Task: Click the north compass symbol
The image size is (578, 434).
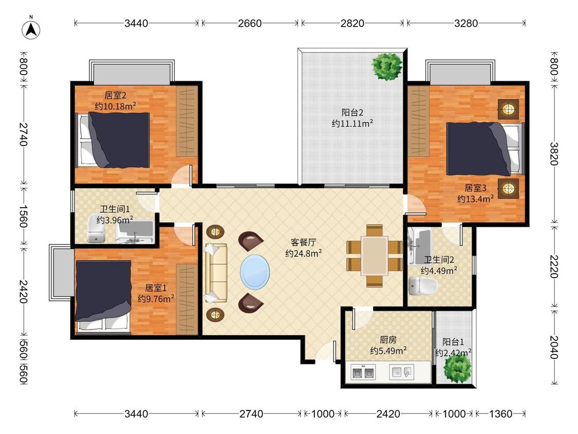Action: click(x=31, y=29)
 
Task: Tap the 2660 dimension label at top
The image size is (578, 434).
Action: click(x=250, y=23)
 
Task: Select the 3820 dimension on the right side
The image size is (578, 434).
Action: click(x=554, y=154)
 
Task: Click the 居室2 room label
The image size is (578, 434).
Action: click(x=116, y=95)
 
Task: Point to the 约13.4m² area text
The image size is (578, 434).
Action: click(x=476, y=199)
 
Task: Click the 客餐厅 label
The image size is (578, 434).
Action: click(x=303, y=242)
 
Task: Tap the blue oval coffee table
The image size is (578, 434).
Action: click(x=255, y=272)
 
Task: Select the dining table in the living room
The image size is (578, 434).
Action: click(x=374, y=256)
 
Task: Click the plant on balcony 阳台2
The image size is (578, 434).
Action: click(x=386, y=66)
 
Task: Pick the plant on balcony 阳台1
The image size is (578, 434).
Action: click(x=457, y=369)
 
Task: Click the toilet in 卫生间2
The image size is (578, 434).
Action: click(x=423, y=286)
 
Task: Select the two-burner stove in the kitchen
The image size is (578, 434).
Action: click(x=363, y=372)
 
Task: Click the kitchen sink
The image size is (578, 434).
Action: click(x=401, y=372)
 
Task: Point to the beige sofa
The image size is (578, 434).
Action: click(x=216, y=273)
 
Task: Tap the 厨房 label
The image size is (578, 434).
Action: click(x=388, y=339)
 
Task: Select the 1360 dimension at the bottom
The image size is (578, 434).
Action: click(x=500, y=414)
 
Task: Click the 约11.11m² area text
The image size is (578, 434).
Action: click(x=352, y=123)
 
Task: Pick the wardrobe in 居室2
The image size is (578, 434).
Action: click(x=187, y=121)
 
